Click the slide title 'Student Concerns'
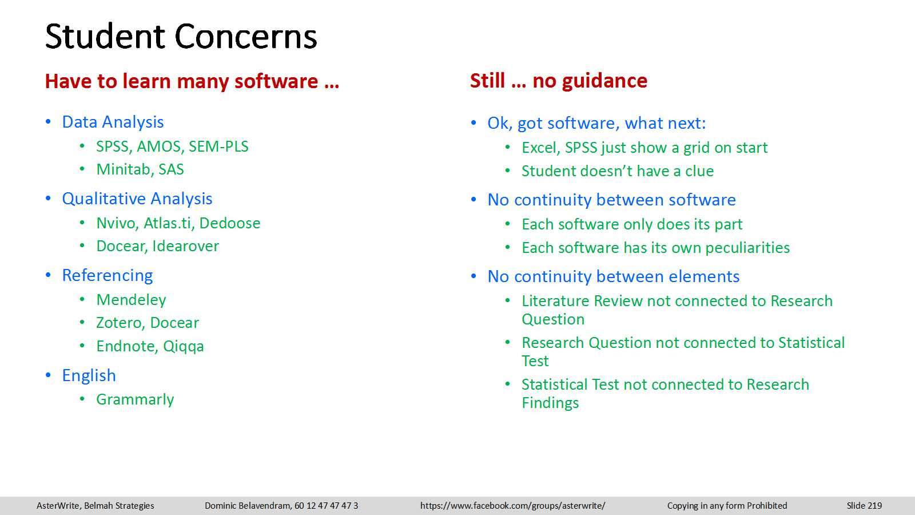click(x=181, y=37)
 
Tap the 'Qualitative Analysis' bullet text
click(x=137, y=199)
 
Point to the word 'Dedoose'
click(x=229, y=223)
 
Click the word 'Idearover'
click(x=186, y=246)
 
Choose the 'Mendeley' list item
click(x=131, y=300)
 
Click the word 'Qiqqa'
click(x=184, y=347)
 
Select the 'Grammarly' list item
click(x=135, y=400)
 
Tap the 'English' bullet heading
click(x=89, y=376)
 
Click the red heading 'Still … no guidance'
click(x=559, y=81)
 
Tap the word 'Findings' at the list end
click(x=550, y=403)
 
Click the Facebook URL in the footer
click(x=512, y=506)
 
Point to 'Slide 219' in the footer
click(x=864, y=506)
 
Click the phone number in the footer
click(x=327, y=506)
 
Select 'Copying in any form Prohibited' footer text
click(x=727, y=506)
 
